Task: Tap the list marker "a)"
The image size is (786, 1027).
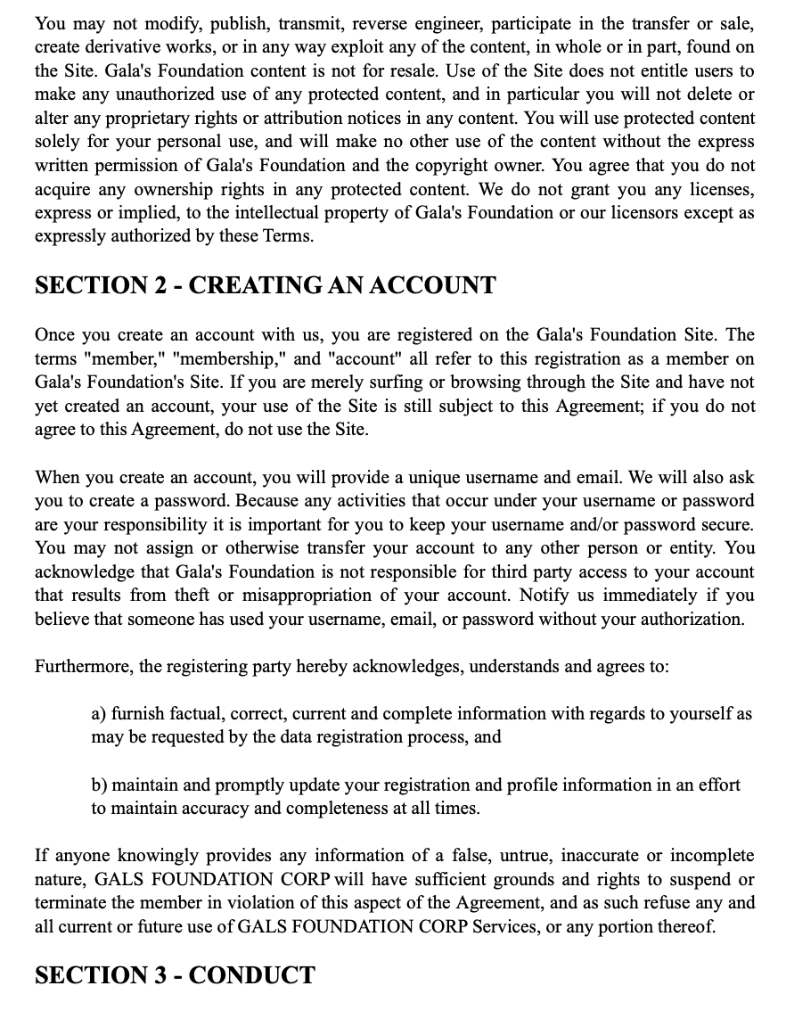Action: pos(99,714)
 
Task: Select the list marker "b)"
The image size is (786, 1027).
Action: pos(100,785)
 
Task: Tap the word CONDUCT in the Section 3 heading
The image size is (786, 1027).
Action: pos(251,975)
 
